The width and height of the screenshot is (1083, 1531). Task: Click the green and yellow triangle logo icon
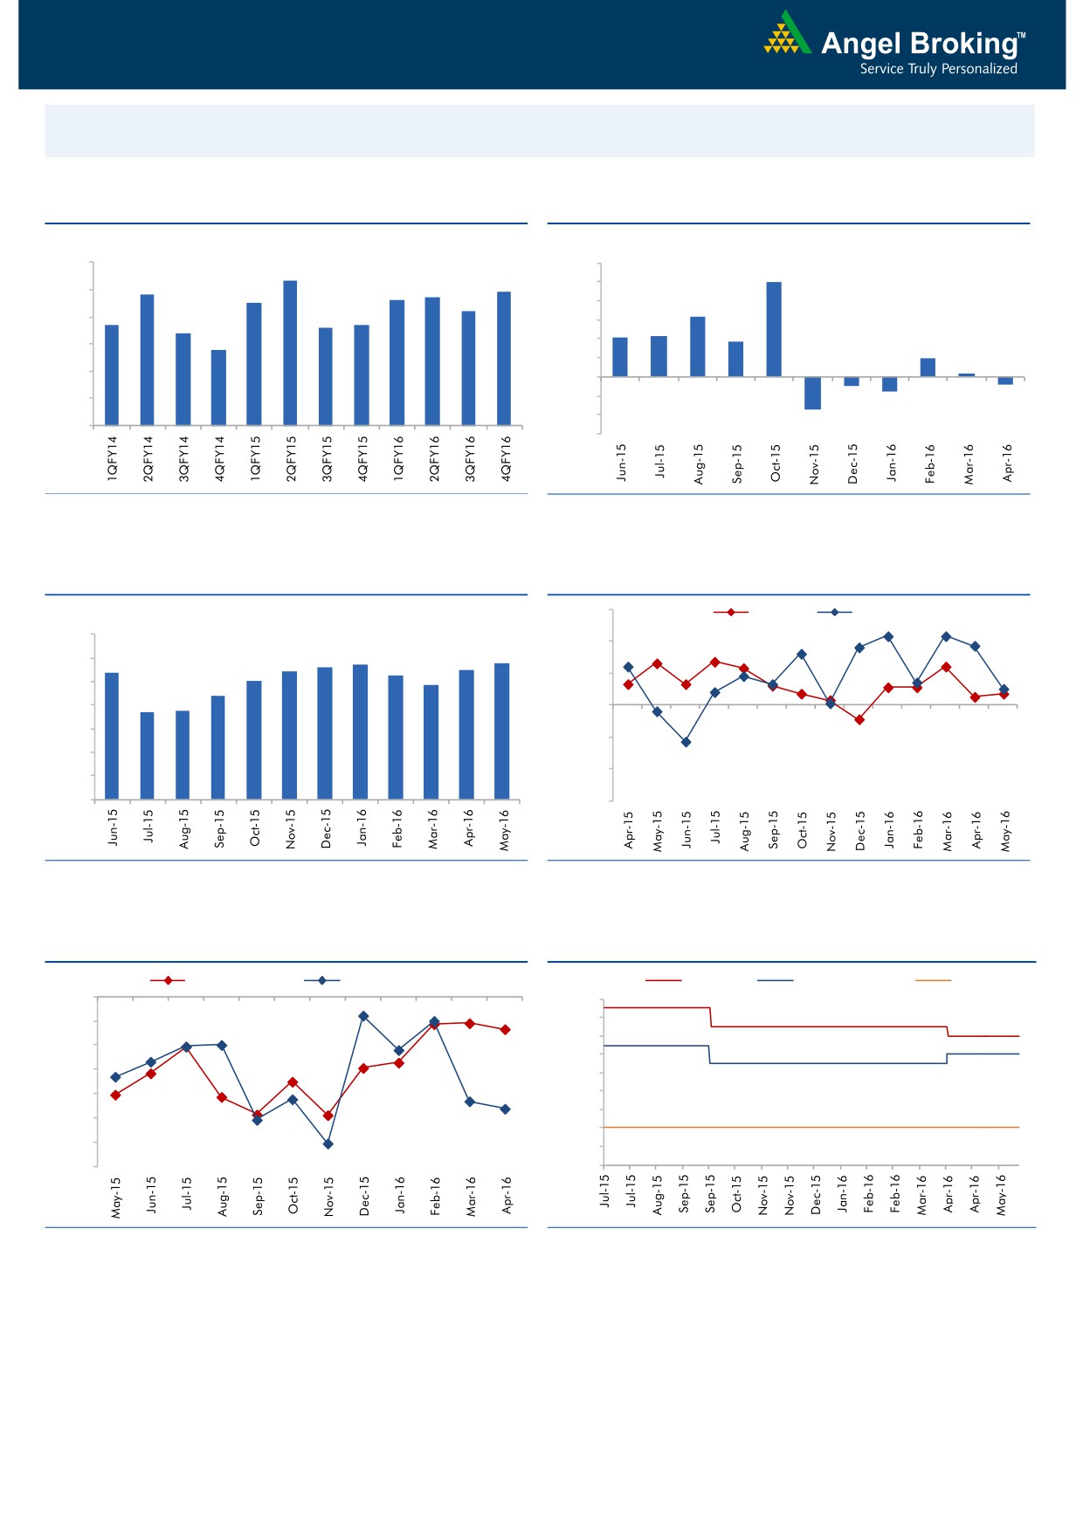787,35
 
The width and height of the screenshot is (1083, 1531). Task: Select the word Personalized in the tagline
979,69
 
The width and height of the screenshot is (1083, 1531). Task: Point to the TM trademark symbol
1021,36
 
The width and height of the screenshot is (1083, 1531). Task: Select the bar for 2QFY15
290,353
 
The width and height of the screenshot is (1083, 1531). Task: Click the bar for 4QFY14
218,388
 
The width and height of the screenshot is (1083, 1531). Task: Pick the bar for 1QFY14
112,374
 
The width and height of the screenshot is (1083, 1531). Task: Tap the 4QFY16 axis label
506,459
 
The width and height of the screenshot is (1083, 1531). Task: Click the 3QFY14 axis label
183,459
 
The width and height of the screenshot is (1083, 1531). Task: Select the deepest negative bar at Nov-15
812,393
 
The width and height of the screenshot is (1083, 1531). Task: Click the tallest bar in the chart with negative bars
774,329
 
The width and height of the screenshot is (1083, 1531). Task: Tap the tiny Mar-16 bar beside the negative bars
967,375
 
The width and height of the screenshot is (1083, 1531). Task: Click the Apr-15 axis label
629,830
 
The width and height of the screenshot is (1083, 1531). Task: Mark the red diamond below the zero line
859,720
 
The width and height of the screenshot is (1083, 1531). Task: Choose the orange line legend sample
933,980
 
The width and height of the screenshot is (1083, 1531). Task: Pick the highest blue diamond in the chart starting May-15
363,1016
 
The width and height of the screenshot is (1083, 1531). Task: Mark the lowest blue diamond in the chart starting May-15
328,1143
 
